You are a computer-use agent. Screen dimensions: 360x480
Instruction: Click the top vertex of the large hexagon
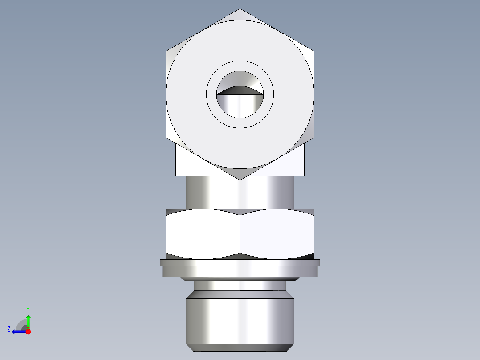240,9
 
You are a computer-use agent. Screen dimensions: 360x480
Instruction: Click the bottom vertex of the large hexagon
240,179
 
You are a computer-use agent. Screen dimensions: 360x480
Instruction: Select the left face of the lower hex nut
203,234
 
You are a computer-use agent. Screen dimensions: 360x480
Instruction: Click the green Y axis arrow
28,321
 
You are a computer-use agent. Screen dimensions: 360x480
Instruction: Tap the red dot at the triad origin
28,331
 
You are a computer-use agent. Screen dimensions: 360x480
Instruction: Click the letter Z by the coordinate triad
9,329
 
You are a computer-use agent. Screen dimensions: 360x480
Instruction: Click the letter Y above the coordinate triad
28,309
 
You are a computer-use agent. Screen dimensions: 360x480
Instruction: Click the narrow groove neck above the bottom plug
240,285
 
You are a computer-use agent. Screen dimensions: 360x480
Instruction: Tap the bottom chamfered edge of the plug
240,348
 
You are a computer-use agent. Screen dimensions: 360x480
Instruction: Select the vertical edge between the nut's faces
240,234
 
